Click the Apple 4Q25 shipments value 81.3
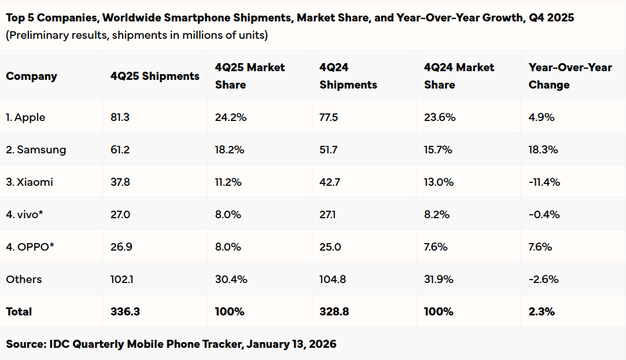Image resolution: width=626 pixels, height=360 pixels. pos(120,117)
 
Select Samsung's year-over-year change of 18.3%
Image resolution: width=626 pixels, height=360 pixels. pos(543,150)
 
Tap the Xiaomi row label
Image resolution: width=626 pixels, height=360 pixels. pos(30,182)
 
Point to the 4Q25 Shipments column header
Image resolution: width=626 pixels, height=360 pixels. pos(154,76)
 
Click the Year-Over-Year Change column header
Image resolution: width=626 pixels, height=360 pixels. pos(570,76)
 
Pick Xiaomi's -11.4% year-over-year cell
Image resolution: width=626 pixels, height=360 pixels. pos(544,182)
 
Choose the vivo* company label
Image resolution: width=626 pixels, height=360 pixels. pos(24,215)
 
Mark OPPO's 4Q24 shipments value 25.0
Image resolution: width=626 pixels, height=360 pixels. pos(330,247)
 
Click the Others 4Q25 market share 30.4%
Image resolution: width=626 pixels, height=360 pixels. pos(231,280)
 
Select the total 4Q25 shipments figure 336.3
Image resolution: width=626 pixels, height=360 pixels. pos(125,312)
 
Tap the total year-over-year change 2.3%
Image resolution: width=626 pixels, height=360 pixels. pos(542,312)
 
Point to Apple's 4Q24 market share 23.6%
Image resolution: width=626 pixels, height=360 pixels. pos(440,117)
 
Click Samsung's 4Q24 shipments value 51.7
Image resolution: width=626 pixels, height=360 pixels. pos(329,150)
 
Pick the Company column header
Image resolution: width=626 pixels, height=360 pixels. pos(31,76)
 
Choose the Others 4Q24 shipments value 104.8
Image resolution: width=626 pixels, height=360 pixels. pos(333,280)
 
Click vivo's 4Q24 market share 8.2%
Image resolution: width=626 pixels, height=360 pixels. pos(437,215)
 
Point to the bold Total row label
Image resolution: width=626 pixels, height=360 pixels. pos(19,312)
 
